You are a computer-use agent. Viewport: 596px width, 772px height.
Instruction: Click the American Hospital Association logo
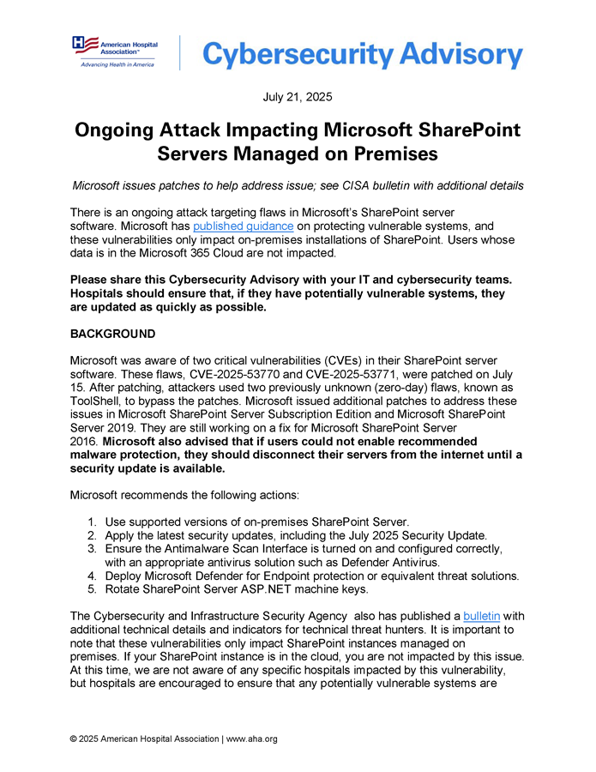click(x=114, y=51)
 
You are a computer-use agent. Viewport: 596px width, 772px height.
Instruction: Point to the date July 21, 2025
click(x=298, y=97)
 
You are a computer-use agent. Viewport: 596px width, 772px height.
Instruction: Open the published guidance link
click(x=244, y=226)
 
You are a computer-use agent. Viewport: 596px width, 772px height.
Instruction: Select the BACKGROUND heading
click(x=112, y=334)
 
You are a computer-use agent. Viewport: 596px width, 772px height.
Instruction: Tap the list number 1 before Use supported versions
click(x=91, y=522)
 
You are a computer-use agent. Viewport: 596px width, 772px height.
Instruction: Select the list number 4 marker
click(x=91, y=575)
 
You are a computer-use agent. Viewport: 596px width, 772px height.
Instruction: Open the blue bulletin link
click(x=481, y=616)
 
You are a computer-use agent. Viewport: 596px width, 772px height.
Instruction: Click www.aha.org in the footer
click(x=253, y=739)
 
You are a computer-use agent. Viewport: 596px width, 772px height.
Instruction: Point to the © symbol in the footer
click(x=74, y=739)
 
